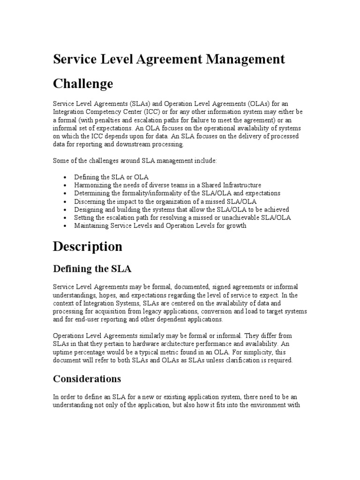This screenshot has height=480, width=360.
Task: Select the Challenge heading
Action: click(x=83, y=84)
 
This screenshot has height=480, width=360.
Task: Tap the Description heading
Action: click(x=88, y=246)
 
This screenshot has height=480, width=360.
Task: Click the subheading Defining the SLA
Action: click(x=92, y=269)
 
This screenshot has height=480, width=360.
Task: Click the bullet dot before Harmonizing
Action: click(x=64, y=186)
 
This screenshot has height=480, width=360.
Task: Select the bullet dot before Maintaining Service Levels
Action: click(x=64, y=226)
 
